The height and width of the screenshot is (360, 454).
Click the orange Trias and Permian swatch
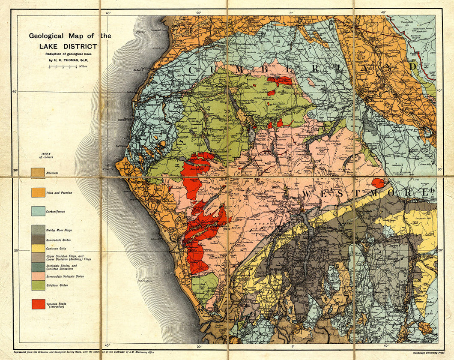point(38,192)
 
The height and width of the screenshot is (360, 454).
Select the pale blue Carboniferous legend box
point(38,211)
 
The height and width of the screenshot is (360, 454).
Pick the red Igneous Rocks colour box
point(38,304)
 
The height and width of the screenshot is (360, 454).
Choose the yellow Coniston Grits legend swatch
point(38,248)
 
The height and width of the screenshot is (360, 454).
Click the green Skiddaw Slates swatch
point(38,285)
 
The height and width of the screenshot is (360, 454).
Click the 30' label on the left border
point(16,171)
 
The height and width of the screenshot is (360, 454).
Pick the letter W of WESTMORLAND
point(307,195)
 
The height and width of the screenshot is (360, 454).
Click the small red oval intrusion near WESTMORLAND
point(377,183)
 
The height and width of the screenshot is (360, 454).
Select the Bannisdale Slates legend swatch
point(38,239)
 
